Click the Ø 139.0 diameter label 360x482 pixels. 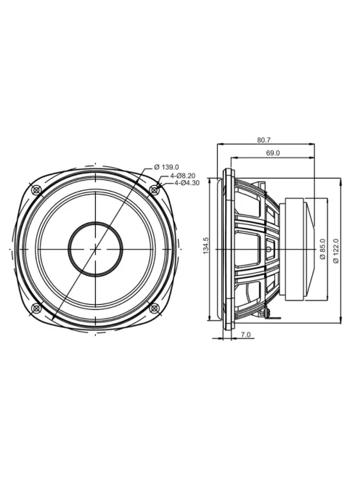pyautogui.click(x=166, y=167)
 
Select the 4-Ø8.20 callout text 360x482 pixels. pyautogui.click(x=183, y=176)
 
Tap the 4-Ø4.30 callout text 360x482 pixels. pyautogui.click(x=187, y=183)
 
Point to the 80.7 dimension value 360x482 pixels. pyautogui.click(x=263, y=140)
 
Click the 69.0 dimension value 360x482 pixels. pyautogui.click(x=273, y=152)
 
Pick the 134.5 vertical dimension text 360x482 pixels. pyautogui.click(x=206, y=245)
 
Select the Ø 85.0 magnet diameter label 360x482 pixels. pyautogui.click(x=322, y=249)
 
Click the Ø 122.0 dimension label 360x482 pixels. pyautogui.click(x=336, y=250)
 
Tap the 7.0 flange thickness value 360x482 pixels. pyautogui.click(x=245, y=335)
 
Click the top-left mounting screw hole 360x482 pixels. pyautogui.click(x=37, y=190)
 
